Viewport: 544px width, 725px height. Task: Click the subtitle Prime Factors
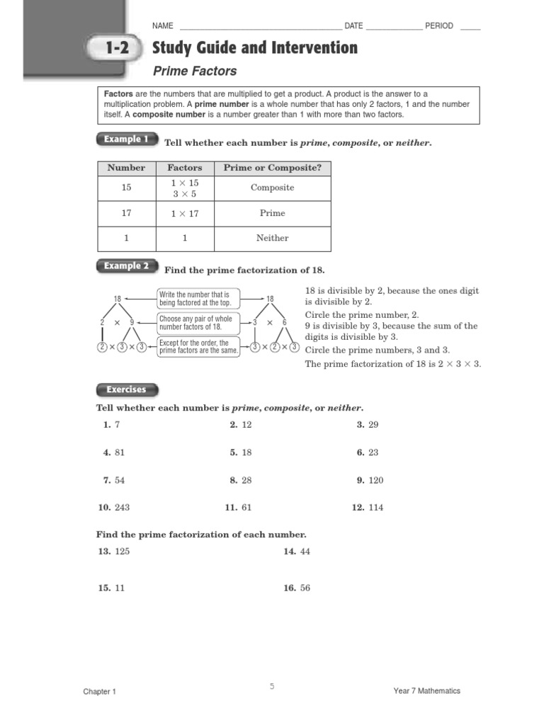[x=195, y=71]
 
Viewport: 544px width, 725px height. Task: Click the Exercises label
[x=126, y=389]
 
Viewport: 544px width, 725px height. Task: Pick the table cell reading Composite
[x=272, y=188]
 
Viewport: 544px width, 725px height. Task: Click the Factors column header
[x=184, y=168]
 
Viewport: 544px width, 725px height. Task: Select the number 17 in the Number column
[x=126, y=213]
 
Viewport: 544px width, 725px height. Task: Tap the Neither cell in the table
[x=272, y=239]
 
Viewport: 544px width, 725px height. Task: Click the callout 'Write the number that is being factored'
[x=198, y=298]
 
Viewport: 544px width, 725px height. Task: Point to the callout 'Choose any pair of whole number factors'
[x=198, y=323]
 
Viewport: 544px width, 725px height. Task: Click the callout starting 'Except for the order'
[x=198, y=347]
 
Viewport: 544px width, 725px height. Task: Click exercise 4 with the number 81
[x=113, y=452]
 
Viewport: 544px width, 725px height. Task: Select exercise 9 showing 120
[x=370, y=480]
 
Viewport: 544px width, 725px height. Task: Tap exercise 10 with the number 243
[x=114, y=508]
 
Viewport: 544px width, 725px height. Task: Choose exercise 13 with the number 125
[x=114, y=552]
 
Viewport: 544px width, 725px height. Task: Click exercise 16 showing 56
[x=297, y=588]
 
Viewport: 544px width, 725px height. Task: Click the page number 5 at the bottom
[x=271, y=686]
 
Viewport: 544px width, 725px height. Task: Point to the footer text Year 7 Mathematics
[x=426, y=691]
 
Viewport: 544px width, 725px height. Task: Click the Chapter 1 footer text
[x=99, y=692]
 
